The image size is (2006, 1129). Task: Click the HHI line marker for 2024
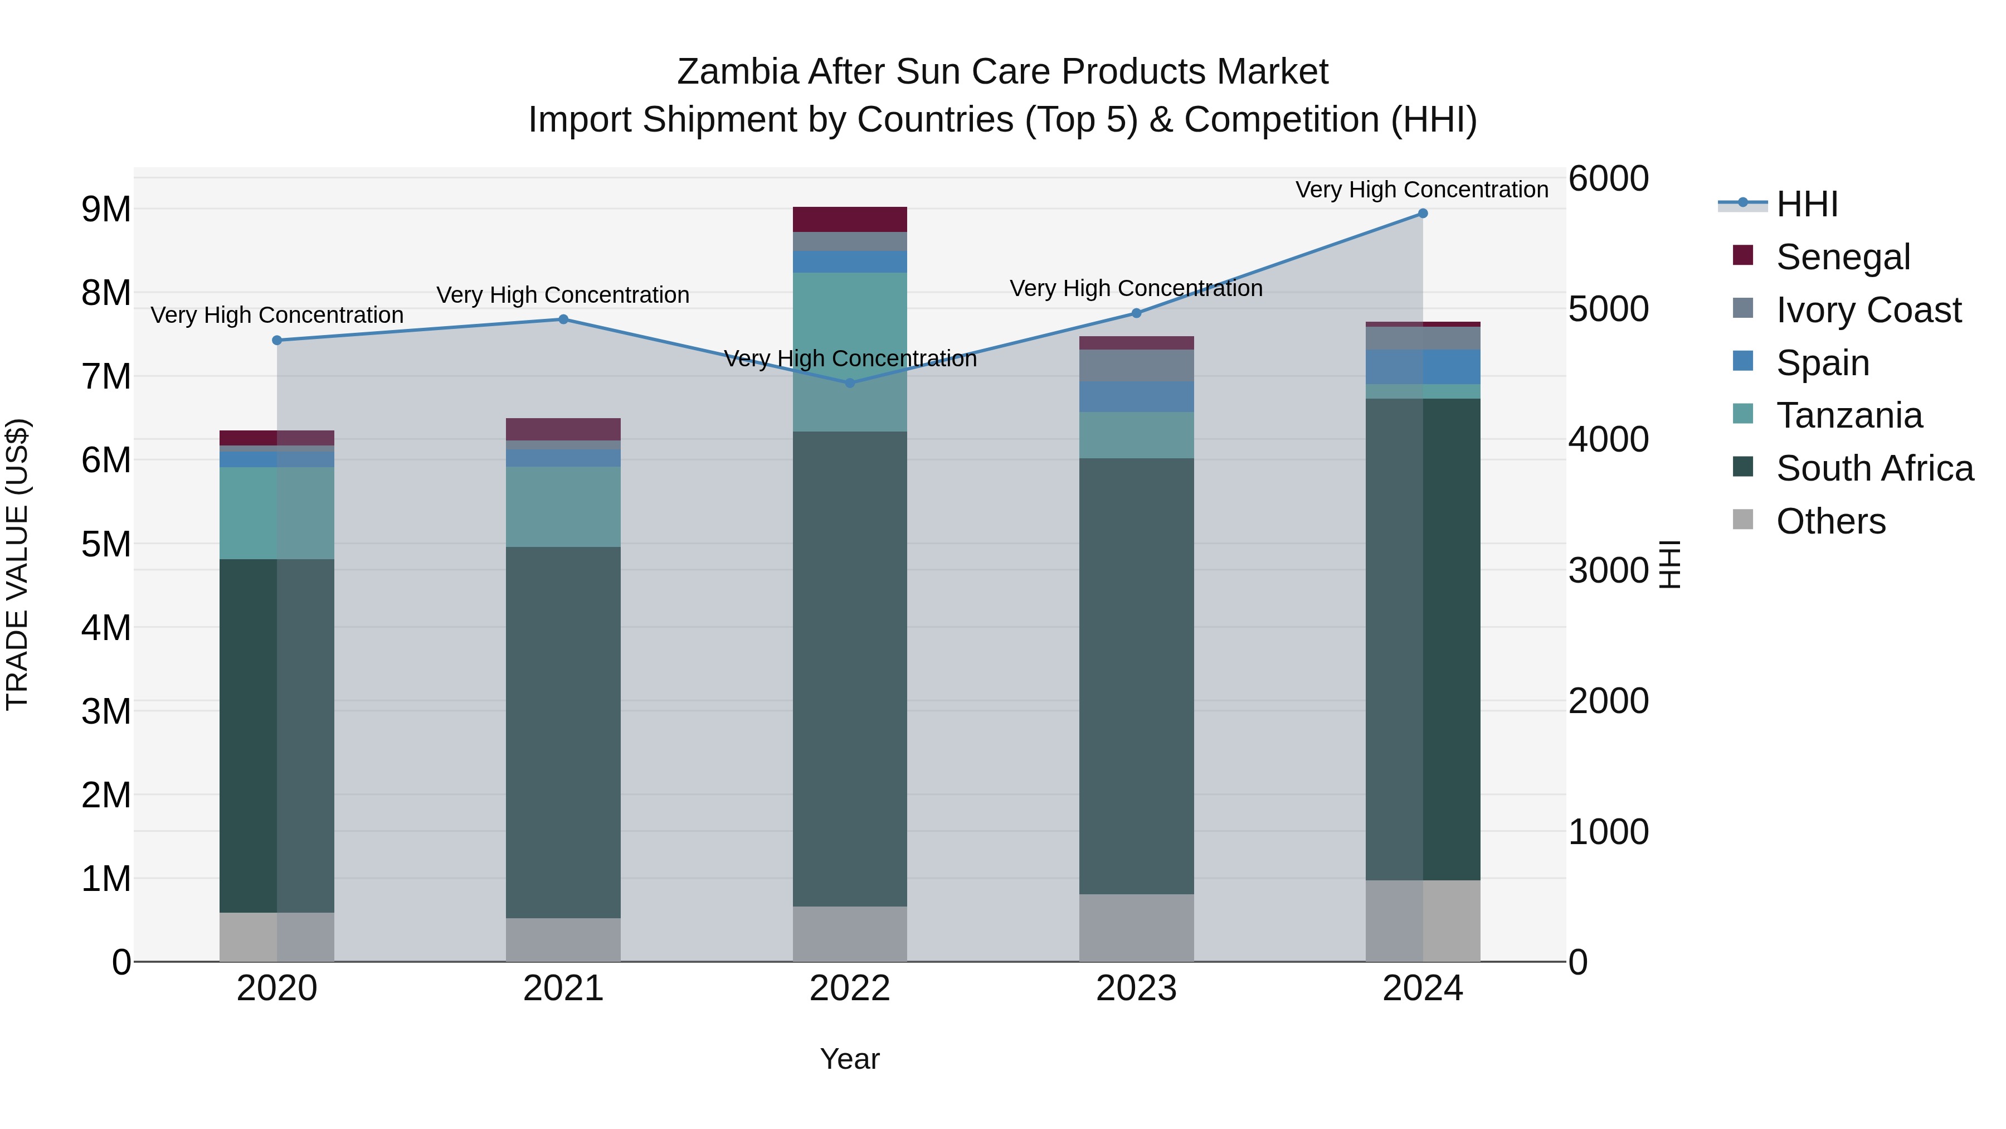[1422, 214]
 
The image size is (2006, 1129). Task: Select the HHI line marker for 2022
[850, 382]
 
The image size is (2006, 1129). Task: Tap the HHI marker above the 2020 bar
[277, 341]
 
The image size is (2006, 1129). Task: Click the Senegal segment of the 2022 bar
[850, 220]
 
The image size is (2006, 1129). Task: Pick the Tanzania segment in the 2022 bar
[850, 351]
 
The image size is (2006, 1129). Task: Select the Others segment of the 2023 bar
[1136, 927]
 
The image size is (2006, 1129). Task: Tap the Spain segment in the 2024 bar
[1422, 367]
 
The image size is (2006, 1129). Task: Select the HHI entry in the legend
[1807, 204]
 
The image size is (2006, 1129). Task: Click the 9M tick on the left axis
[106, 210]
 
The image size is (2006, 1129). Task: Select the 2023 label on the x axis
[1136, 989]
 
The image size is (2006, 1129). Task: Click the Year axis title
[850, 1059]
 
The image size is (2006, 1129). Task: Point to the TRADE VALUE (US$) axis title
[18, 564]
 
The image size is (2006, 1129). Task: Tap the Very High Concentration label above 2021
[562, 295]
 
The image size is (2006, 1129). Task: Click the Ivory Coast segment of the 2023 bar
[1136, 365]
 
